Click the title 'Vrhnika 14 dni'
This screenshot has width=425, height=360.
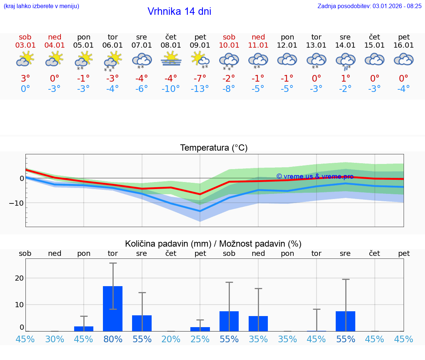click(179, 11)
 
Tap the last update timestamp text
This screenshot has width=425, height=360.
click(369, 6)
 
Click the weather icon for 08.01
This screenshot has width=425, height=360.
click(170, 59)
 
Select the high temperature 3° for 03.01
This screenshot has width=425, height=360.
click(25, 79)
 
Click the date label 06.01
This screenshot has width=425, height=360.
click(113, 45)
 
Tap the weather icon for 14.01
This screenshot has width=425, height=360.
click(345, 61)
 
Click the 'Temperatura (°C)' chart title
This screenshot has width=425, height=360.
click(214, 148)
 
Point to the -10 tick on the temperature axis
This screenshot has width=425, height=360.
click(17, 203)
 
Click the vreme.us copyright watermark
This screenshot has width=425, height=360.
click(315, 176)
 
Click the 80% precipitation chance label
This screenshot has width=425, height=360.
click(113, 339)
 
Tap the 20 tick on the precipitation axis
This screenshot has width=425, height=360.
click(19, 278)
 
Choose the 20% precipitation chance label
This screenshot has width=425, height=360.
click(171, 339)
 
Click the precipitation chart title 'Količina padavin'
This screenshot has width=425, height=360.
click(213, 244)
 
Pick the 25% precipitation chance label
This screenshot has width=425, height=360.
click(200, 339)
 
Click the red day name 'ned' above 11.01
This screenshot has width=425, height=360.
click(258, 37)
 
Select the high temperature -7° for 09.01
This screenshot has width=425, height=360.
click(200, 79)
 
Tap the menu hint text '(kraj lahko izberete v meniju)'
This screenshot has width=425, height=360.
click(41, 6)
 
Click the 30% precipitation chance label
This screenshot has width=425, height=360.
click(54, 339)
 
